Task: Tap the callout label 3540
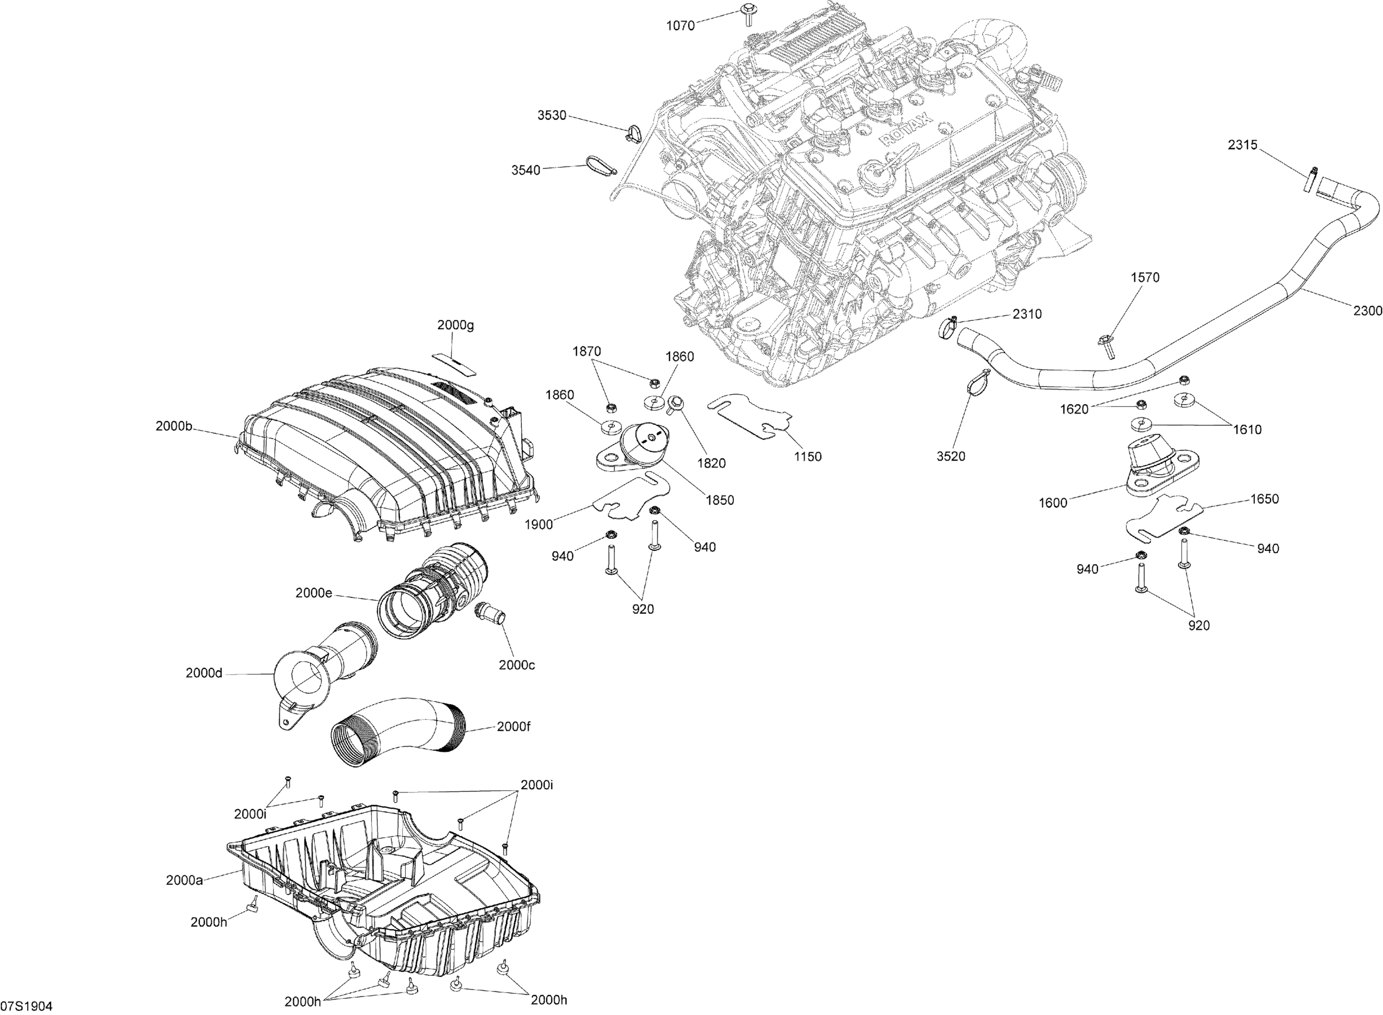(x=526, y=170)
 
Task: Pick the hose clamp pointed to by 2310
(x=949, y=327)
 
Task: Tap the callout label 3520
(x=951, y=456)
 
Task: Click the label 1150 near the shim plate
(x=807, y=456)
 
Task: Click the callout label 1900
(x=539, y=524)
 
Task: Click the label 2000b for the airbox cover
(x=174, y=426)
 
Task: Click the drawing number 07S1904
(x=26, y=1006)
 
